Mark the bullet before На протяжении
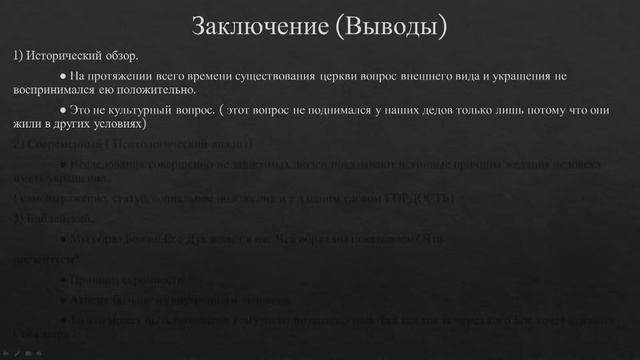[63, 76]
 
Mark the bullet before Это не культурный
[63, 110]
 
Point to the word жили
[25, 125]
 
